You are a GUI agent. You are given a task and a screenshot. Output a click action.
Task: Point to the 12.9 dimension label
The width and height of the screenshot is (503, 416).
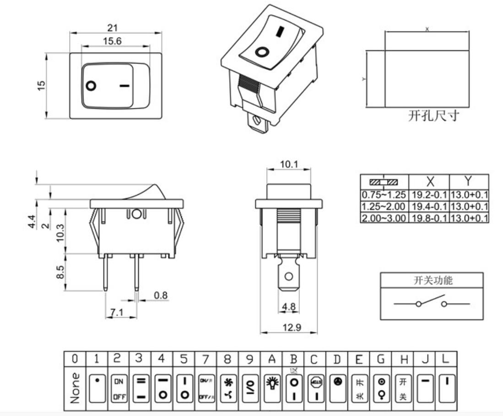point(289,327)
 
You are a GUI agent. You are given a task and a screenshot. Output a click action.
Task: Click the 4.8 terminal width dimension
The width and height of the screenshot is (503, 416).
point(289,307)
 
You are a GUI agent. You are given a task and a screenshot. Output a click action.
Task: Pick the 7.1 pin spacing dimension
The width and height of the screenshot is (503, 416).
point(117,313)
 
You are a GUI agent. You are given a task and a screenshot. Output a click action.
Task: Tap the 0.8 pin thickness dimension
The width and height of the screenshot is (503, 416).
point(160,296)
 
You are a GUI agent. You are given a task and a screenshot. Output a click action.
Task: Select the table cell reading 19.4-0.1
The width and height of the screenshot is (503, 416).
point(429,207)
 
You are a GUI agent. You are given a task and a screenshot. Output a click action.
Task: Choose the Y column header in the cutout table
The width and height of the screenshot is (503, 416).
point(468,181)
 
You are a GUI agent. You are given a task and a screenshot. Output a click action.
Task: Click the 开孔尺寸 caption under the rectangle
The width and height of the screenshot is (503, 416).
point(433,116)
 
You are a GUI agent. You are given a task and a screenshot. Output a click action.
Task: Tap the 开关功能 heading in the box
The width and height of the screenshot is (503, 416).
point(433,281)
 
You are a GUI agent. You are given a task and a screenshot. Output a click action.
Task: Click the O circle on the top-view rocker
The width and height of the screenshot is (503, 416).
point(91,85)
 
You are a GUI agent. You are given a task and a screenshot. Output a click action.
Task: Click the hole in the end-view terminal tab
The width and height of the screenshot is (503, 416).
point(288,277)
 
